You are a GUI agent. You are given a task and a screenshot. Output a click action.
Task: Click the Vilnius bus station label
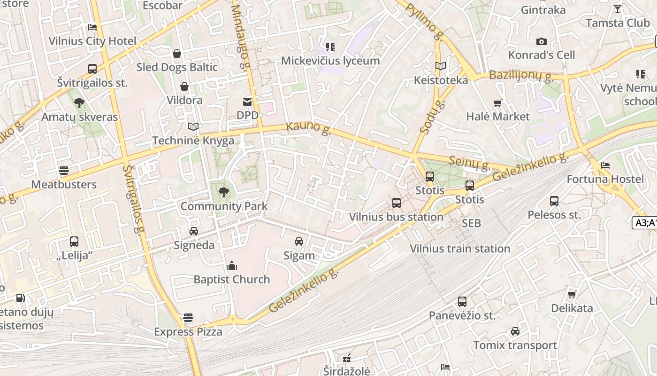coord(396,217)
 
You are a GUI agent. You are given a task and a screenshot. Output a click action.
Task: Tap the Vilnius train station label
coord(460,249)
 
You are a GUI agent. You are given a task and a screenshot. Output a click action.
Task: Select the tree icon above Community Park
coord(224,191)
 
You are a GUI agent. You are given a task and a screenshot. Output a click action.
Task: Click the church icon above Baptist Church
coord(232,266)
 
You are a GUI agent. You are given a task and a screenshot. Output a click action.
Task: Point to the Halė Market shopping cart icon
coord(497,103)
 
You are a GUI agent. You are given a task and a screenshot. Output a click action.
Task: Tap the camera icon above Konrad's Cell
coord(541,42)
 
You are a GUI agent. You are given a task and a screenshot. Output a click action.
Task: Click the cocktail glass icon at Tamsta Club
coord(618,9)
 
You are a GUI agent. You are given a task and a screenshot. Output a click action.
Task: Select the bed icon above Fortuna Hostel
coord(605,165)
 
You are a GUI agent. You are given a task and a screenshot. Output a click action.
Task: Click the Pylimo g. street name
coord(425,21)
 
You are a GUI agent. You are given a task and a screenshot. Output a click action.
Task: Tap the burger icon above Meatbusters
coord(64,171)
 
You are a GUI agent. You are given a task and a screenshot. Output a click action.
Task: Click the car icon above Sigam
coord(299,242)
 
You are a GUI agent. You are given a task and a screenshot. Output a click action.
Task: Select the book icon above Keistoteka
coord(440,66)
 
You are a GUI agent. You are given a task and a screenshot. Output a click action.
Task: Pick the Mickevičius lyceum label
coord(330,61)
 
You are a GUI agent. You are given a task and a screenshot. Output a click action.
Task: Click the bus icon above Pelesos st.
coord(554,201)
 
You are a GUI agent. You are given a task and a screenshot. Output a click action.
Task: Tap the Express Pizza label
coord(188,332)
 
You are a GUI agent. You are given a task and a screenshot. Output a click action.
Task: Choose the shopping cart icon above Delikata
coord(572,295)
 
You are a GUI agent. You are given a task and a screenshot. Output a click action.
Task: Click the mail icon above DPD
coord(247,102)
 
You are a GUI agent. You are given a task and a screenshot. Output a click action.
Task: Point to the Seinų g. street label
coord(469,163)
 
